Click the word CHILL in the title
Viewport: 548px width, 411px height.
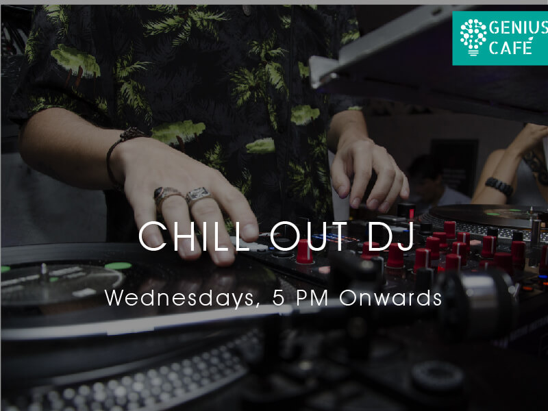tap(193, 236)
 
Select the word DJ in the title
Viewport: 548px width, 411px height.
tap(391, 236)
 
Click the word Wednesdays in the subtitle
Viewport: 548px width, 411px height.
tap(179, 299)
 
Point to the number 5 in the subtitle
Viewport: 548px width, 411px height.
tap(279, 298)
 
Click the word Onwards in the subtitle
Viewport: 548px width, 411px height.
tap(390, 298)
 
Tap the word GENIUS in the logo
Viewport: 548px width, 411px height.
tap(519, 28)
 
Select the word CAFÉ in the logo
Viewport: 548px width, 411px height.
tap(510, 47)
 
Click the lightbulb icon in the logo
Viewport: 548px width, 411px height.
tap(473, 37)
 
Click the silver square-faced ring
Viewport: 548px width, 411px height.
tap(199, 195)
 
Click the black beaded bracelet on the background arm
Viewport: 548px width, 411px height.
tap(499, 186)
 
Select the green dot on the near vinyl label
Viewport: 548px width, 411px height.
tap(118, 266)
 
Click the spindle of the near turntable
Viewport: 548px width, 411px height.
tap(44, 272)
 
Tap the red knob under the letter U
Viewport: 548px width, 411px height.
tap(304, 251)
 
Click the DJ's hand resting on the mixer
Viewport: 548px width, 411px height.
tap(368, 172)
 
